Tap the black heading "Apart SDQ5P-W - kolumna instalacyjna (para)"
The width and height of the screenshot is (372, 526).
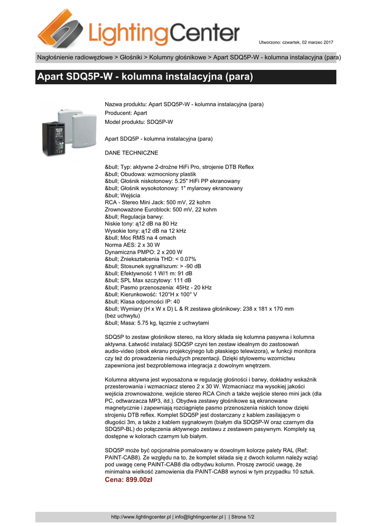point(145,78)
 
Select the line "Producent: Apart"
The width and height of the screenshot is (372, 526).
point(126,113)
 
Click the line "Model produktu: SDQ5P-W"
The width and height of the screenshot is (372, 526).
point(139,122)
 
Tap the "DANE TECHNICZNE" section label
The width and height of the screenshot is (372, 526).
point(131,153)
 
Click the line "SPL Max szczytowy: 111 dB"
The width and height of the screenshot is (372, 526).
point(148,280)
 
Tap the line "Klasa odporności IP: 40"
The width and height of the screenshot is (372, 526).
point(142,302)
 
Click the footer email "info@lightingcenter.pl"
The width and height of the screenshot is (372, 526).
point(200,517)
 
